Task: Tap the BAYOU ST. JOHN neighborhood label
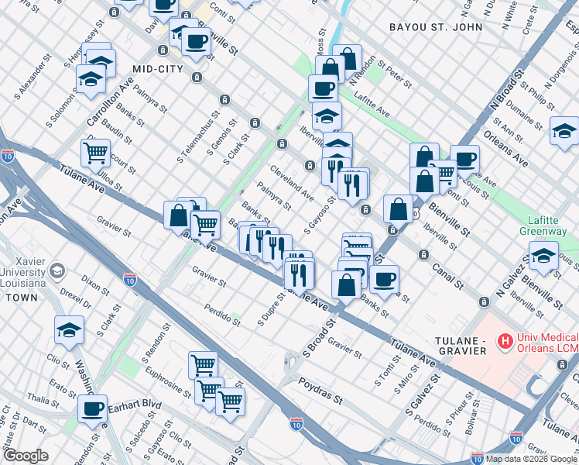436,27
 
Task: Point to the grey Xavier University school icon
57,271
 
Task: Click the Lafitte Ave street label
372,106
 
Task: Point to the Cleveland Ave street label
291,181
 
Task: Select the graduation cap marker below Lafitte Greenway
544,256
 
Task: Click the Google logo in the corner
26,456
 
